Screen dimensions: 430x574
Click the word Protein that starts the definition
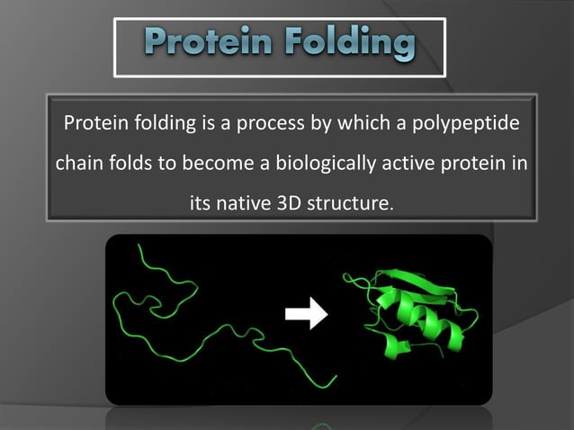point(89,123)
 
